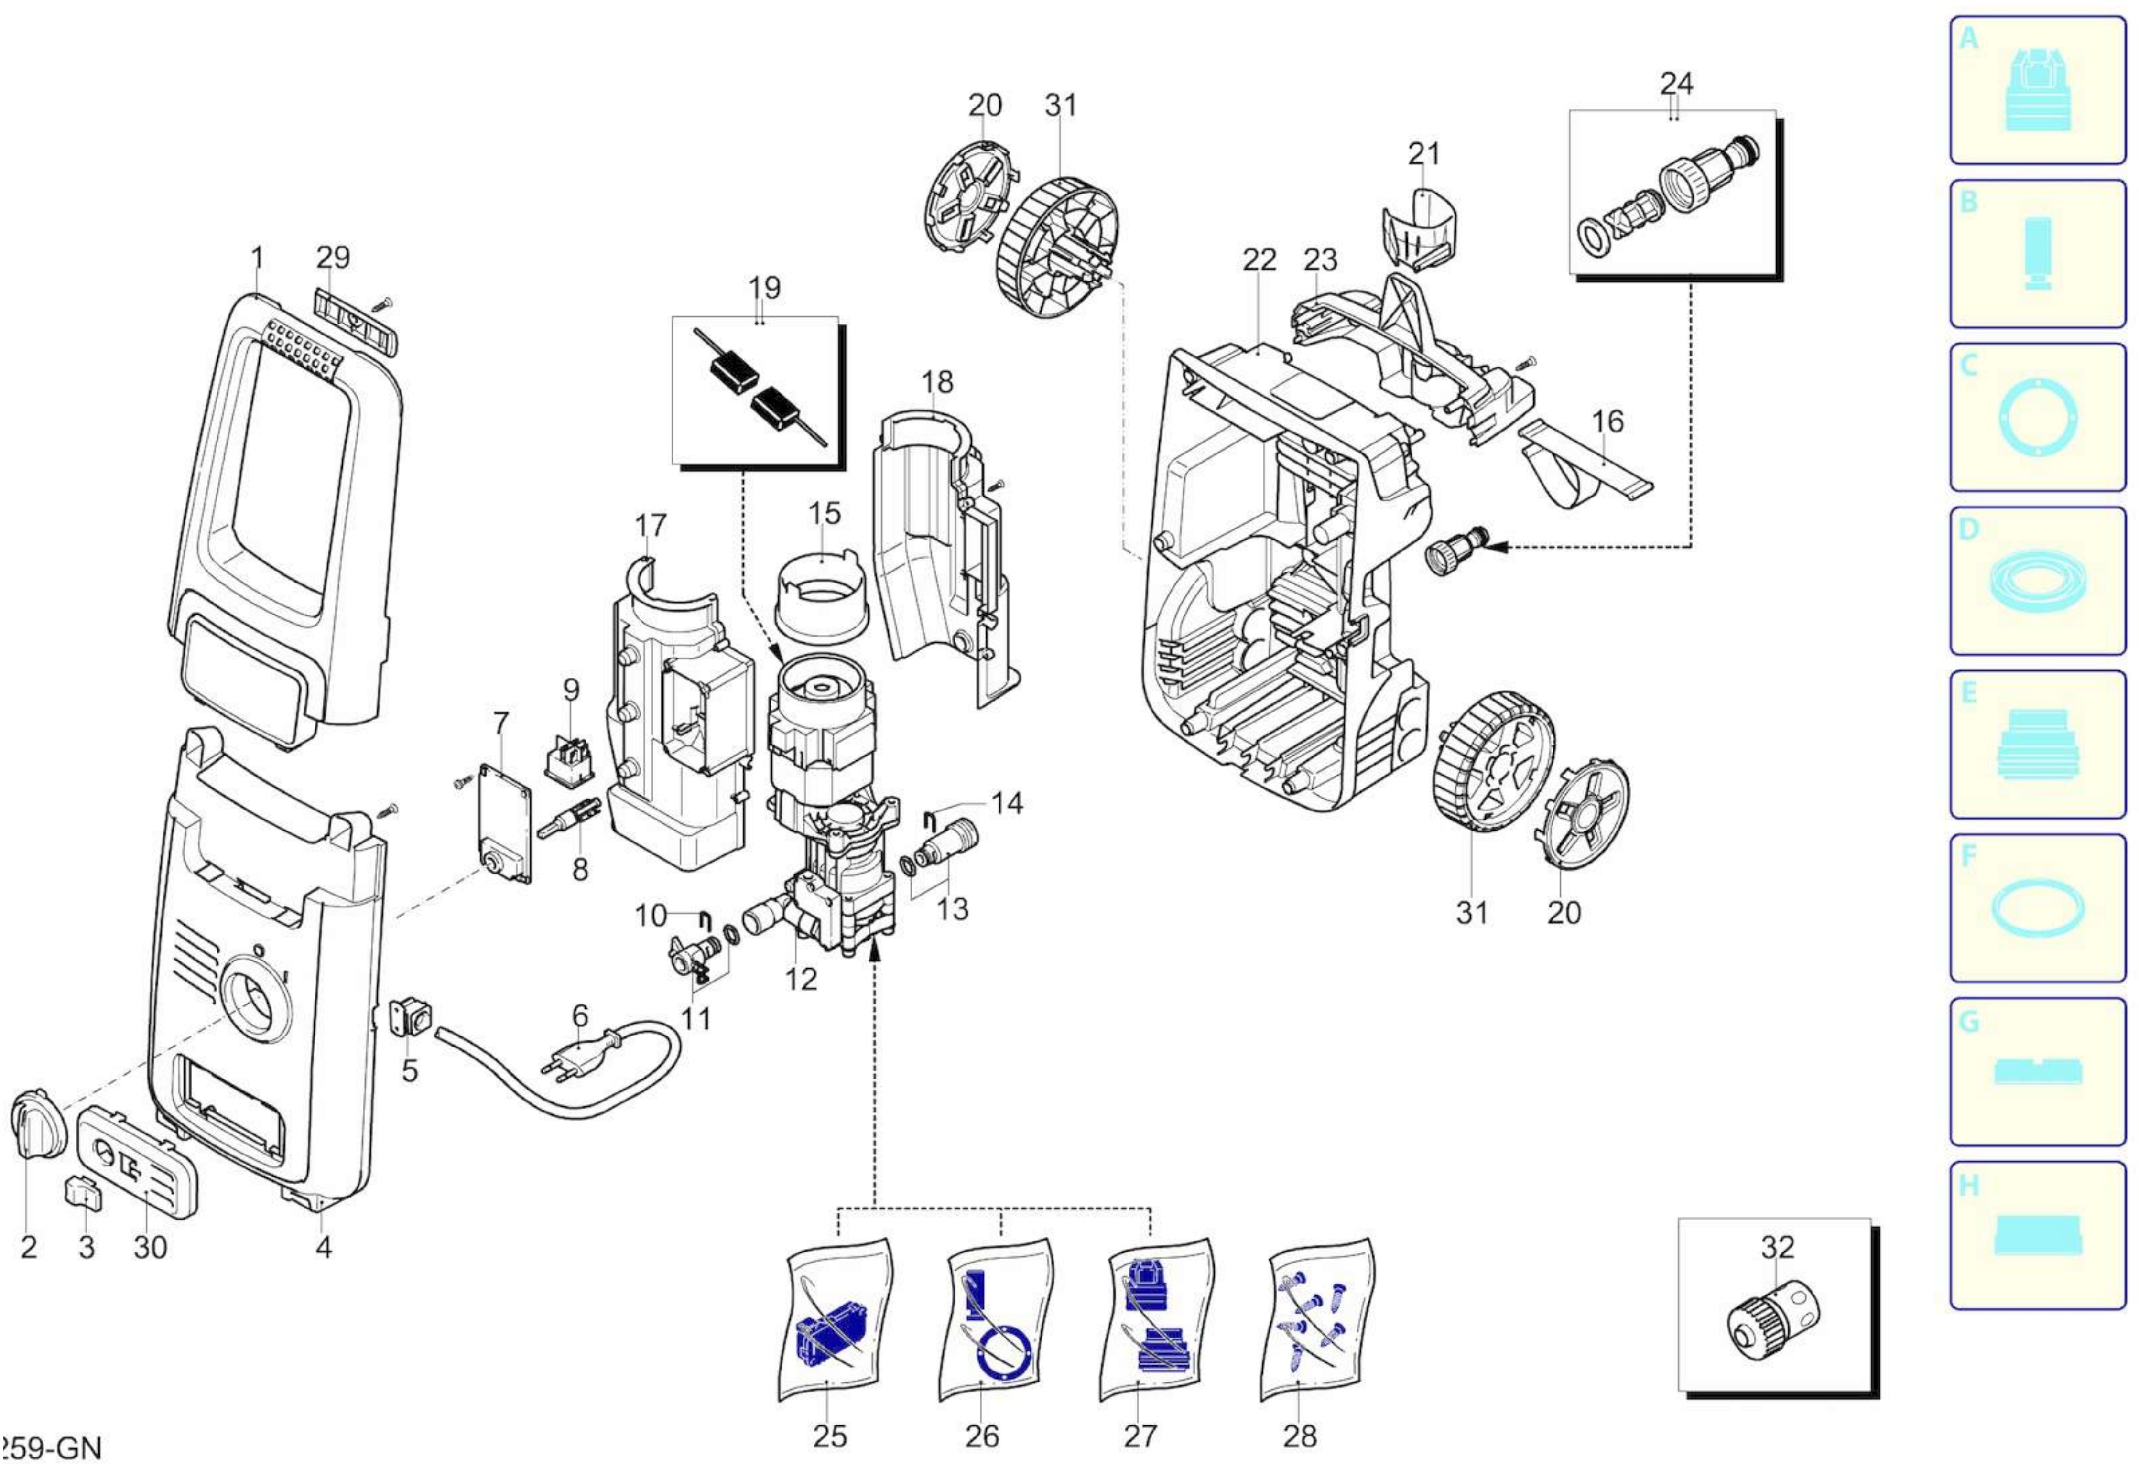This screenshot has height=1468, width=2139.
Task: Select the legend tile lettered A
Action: tap(2037, 90)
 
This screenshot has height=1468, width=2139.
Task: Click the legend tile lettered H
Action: tap(2037, 1235)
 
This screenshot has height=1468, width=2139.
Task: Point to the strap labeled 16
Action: tap(1583, 465)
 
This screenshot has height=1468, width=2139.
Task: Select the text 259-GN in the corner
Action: tap(51, 1448)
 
